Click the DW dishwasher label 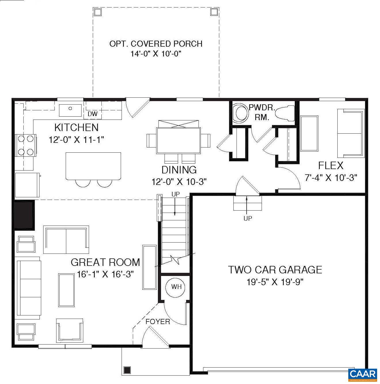tap(92, 114)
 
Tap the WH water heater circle tap(176, 287)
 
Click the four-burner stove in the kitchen tap(25, 145)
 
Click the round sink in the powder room tap(241, 114)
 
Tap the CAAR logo tap(362, 374)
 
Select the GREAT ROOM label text tap(105, 262)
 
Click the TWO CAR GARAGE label tap(275, 270)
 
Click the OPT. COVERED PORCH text tap(156, 44)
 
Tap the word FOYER tap(158, 321)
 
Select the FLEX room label tap(331, 166)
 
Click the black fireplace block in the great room tap(24, 215)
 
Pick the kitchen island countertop tap(93, 166)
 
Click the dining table tap(178, 141)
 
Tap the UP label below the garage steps tap(247, 218)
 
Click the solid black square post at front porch tap(127, 370)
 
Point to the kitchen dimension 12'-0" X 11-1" tap(76, 140)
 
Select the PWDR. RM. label tap(262, 112)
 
